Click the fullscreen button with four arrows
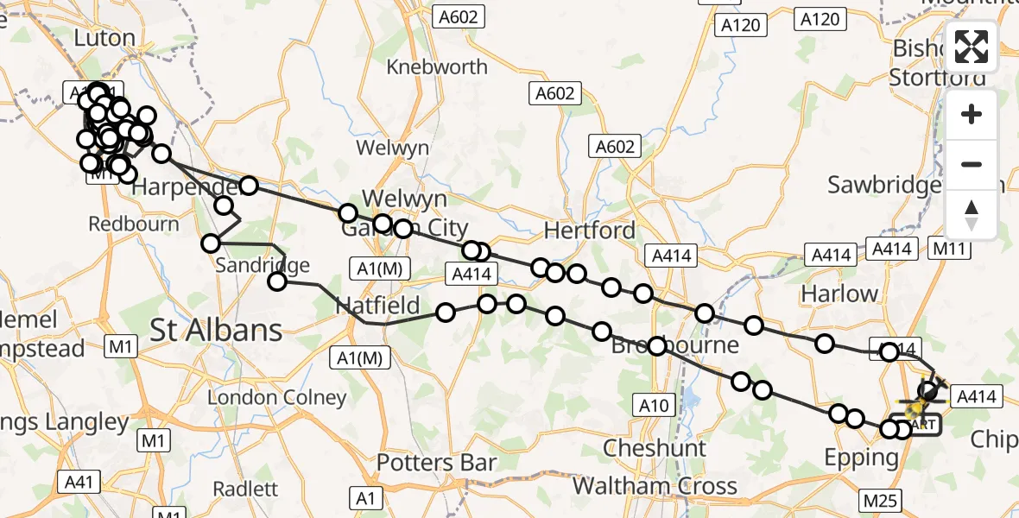(x=972, y=47)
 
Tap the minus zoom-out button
(x=972, y=164)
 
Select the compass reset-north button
(x=972, y=214)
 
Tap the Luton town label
(x=104, y=39)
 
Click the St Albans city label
(x=216, y=330)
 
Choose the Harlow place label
(x=839, y=294)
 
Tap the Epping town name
(x=862, y=458)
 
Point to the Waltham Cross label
(x=655, y=486)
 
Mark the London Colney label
(x=277, y=398)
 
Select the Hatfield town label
(x=377, y=306)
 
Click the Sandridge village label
(x=262, y=265)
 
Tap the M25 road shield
(x=880, y=500)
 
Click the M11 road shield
(x=952, y=248)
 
